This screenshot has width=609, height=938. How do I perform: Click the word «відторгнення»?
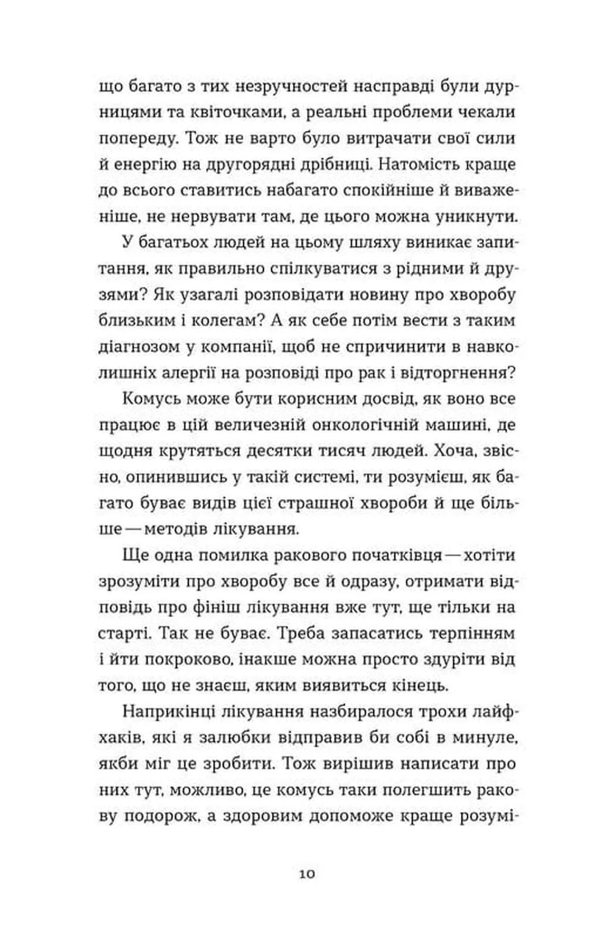point(457,373)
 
